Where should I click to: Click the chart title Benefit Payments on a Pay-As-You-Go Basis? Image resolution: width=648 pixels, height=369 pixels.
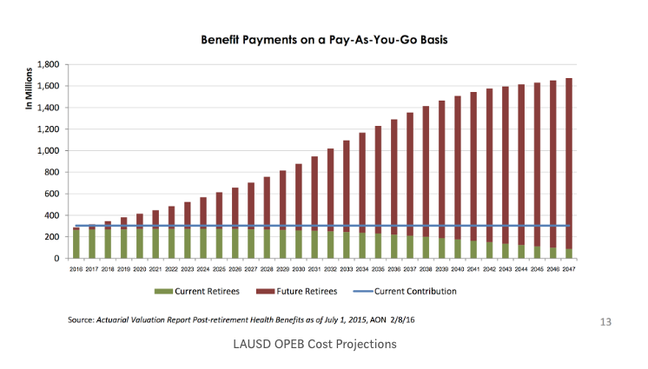(x=324, y=40)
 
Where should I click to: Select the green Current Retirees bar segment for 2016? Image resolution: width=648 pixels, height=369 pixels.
(x=76, y=244)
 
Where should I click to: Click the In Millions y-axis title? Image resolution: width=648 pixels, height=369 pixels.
(x=29, y=89)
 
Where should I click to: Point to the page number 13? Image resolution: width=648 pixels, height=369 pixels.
(x=606, y=322)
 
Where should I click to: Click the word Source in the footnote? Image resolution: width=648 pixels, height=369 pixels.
(x=82, y=321)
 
